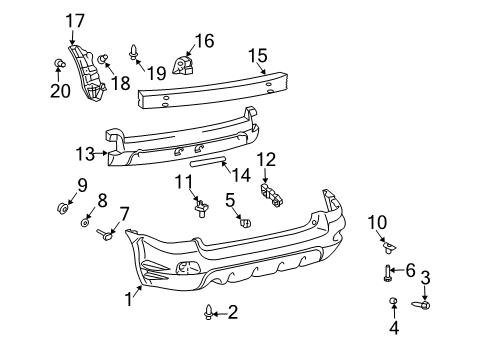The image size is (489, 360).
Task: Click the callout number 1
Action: point(128,296)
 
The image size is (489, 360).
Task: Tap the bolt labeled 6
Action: point(387,270)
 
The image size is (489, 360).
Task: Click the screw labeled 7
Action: point(104,235)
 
